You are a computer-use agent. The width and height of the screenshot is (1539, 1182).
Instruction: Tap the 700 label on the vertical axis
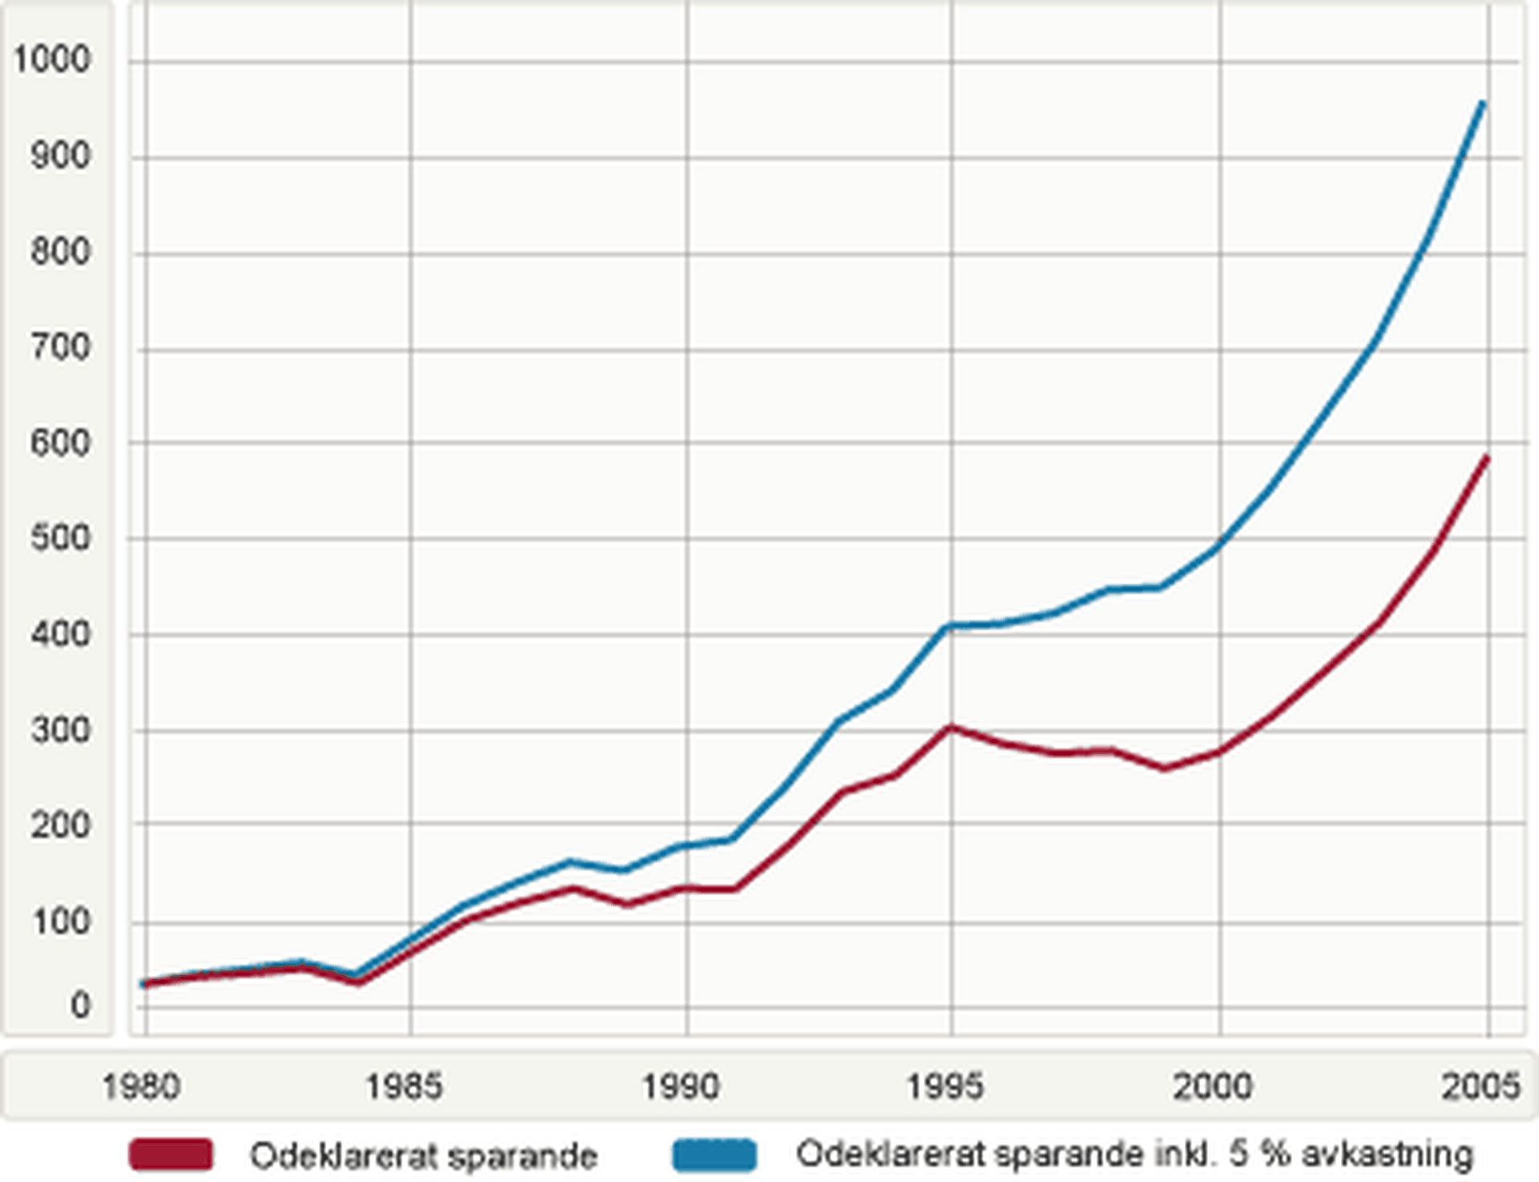pos(61,346)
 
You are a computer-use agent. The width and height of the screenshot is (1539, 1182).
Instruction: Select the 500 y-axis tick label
pos(61,538)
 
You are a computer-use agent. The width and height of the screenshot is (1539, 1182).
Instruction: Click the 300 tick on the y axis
pos(61,729)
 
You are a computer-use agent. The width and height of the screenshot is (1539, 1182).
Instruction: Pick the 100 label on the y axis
pos(61,922)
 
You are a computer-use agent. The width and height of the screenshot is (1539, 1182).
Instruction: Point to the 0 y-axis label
pos(79,1005)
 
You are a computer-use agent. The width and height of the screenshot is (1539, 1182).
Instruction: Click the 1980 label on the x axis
pos(143,1087)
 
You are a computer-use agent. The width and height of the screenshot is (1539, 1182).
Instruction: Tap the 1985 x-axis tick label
pos(405,1087)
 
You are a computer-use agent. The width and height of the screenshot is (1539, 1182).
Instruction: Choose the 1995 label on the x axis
pos(946,1087)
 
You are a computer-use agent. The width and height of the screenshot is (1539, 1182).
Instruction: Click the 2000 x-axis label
pos(1213,1087)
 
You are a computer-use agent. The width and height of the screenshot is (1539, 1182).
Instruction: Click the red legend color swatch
pos(171,1155)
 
